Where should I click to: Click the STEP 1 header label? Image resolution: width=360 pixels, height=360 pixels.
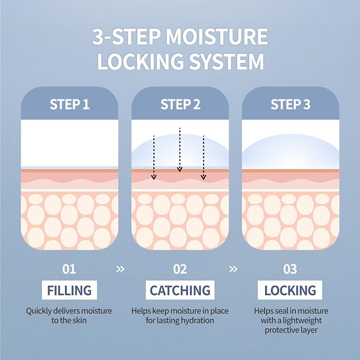point(69,104)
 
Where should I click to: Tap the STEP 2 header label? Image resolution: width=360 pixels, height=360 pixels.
point(180,104)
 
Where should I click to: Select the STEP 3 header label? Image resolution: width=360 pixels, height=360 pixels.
point(291,104)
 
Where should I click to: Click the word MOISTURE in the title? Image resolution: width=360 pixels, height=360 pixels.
point(216,37)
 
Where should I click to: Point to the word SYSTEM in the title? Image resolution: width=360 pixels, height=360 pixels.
point(227,62)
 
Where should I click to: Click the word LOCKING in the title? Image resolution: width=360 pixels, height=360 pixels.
point(141,62)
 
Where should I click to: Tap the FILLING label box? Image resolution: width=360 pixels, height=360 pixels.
point(69,290)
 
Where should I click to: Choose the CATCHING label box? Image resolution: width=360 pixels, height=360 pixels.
point(180,290)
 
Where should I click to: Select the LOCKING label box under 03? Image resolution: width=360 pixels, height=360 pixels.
point(290,290)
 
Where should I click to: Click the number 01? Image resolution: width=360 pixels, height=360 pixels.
point(69,269)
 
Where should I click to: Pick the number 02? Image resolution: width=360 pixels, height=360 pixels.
point(180,269)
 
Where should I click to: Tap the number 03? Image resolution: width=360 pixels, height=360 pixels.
point(290,269)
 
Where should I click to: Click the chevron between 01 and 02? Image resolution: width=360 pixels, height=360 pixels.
point(120,269)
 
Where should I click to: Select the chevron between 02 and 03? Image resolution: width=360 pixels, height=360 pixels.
point(233,269)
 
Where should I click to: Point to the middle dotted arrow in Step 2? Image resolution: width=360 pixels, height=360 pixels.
point(180,150)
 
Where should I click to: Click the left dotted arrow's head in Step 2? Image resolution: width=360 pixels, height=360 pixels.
point(154,177)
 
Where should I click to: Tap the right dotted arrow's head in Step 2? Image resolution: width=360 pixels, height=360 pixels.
point(204,177)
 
